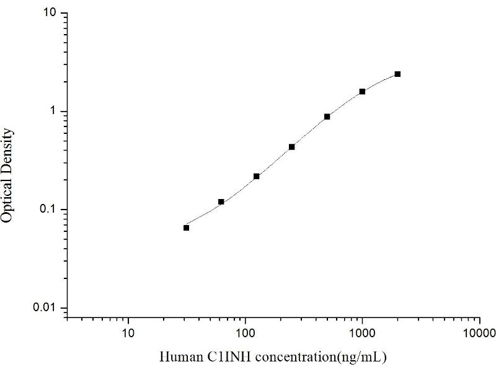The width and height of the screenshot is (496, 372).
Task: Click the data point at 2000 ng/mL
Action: tap(397, 74)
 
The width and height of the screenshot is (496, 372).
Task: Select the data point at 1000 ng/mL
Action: tap(362, 91)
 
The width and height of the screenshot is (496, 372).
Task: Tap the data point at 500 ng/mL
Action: tap(327, 117)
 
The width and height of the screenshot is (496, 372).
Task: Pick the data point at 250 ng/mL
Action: tap(291, 147)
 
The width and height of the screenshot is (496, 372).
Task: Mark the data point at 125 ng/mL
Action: tap(256, 176)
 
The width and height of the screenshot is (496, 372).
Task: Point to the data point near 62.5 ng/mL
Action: tap(221, 201)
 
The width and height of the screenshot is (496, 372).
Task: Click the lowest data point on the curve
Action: tap(186, 228)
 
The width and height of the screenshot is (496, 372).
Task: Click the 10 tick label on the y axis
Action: tap(51, 13)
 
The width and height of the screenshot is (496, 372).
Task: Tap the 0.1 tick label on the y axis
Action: tap(50, 210)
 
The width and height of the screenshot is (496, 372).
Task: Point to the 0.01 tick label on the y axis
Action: tap(47, 308)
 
